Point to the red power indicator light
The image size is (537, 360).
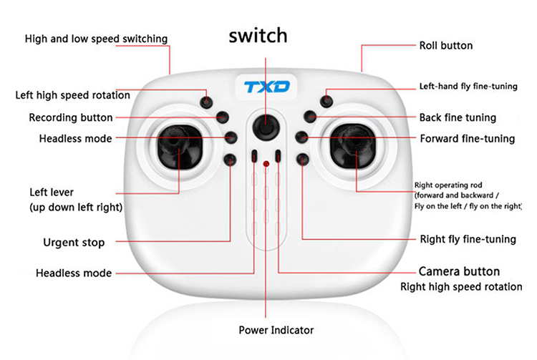coord(266,165)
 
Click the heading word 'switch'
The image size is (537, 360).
coord(258,36)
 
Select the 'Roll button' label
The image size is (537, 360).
coord(445,46)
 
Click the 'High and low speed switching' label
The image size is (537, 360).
coord(96,39)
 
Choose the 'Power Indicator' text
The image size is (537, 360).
coord(276,330)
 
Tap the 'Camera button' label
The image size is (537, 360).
coord(459,272)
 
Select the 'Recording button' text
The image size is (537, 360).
coord(70,117)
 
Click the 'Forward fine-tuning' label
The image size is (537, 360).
coord(467,139)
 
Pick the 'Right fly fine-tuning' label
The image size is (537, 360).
coord(467,240)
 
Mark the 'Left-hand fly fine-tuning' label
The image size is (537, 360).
coord(468,87)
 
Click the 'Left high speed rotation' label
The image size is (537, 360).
coord(73,95)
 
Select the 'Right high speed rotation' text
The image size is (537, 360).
coord(460,287)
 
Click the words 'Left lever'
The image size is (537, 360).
coord(52,193)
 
